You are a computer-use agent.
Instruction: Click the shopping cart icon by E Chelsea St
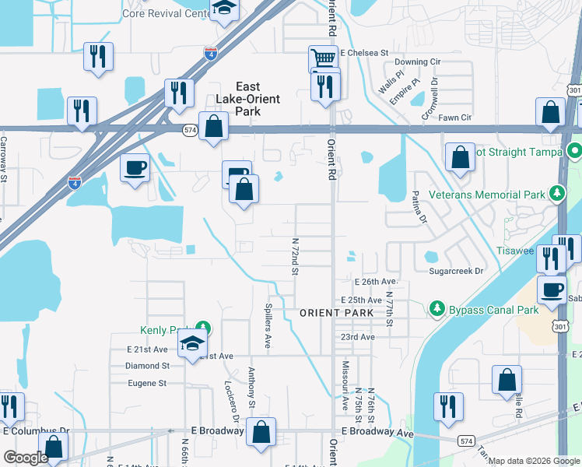(322, 58)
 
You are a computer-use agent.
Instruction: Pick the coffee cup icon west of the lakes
(135, 167)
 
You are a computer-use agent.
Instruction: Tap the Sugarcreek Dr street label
(456, 271)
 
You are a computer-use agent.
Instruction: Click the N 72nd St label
(295, 256)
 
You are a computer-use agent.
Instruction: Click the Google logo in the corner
(25, 458)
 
